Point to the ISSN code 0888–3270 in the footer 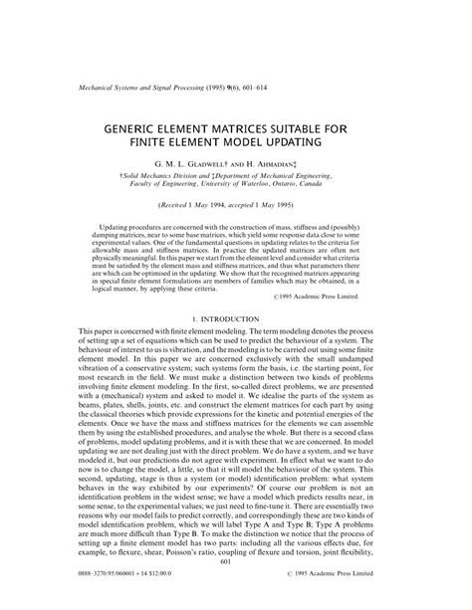coord(100,600)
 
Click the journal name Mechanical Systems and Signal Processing coord(140,89)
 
